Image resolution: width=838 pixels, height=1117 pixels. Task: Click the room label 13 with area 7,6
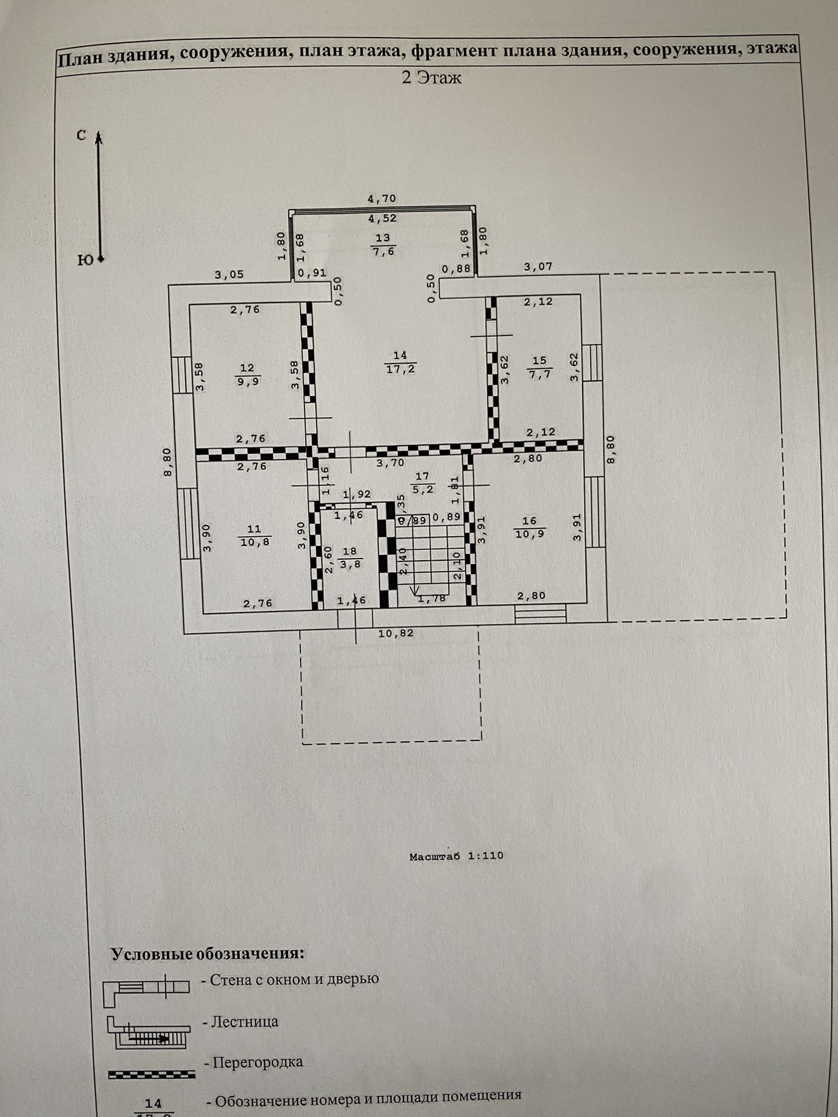383,244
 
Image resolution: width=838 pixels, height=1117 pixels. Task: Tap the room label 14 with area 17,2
400,362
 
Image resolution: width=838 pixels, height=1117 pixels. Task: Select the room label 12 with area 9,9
247,374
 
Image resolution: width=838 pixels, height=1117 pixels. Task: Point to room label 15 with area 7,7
539,367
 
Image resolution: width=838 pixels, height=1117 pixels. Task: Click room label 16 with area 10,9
530,527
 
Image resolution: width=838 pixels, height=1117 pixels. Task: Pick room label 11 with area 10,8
255,535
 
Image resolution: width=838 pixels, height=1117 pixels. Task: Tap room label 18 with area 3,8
350,557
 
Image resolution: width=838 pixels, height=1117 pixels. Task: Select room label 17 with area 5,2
422,482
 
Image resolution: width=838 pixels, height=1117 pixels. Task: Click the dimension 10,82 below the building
396,633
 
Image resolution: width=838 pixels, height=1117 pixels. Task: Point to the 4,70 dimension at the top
381,199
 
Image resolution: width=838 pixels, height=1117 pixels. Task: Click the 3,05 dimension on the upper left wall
229,275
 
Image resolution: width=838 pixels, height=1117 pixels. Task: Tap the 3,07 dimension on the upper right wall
538,266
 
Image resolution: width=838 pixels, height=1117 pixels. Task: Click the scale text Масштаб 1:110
456,855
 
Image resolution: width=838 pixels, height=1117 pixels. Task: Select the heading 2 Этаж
431,78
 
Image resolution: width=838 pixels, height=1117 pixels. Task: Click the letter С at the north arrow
82,135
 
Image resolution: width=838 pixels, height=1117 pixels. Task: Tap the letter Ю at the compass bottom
84,260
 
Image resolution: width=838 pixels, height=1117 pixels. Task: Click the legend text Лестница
245,1021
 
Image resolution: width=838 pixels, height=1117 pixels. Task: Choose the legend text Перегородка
257,1062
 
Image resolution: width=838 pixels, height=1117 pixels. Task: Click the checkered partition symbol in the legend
152,1074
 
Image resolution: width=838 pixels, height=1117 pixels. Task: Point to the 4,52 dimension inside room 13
382,218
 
